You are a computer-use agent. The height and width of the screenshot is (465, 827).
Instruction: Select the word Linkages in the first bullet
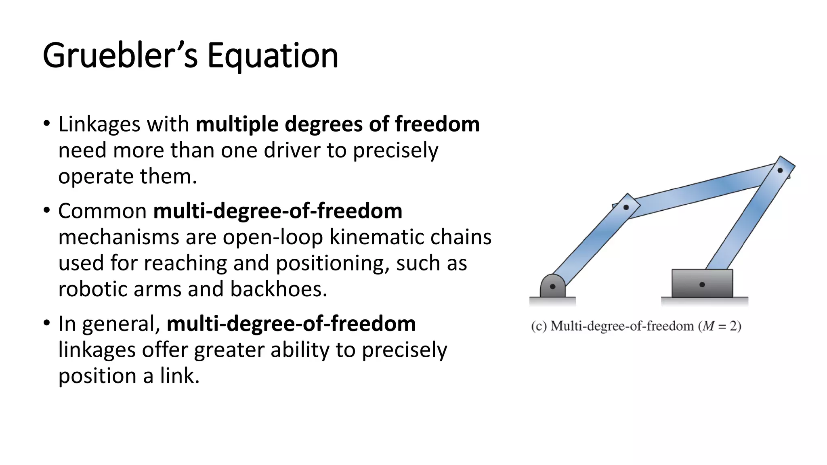click(99, 124)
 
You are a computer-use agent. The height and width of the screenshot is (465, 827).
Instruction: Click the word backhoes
click(279, 289)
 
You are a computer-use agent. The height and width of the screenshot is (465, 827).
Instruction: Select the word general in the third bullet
click(121, 324)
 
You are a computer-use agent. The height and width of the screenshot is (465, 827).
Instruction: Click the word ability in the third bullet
click(300, 350)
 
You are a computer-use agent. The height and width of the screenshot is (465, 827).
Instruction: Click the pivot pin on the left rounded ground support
click(552, 287)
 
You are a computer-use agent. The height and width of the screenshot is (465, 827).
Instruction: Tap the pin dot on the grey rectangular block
click(702, 285)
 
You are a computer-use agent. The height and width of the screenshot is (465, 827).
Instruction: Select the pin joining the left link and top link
click(626, 207)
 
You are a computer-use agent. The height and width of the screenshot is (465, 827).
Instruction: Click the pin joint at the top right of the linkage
click(780, 170)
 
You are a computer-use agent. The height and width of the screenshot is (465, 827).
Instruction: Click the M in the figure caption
click(708, 326)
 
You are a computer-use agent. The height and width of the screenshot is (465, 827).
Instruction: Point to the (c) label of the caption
click(539, 326)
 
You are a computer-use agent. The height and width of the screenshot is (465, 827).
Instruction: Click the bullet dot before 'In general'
click(47, 323)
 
